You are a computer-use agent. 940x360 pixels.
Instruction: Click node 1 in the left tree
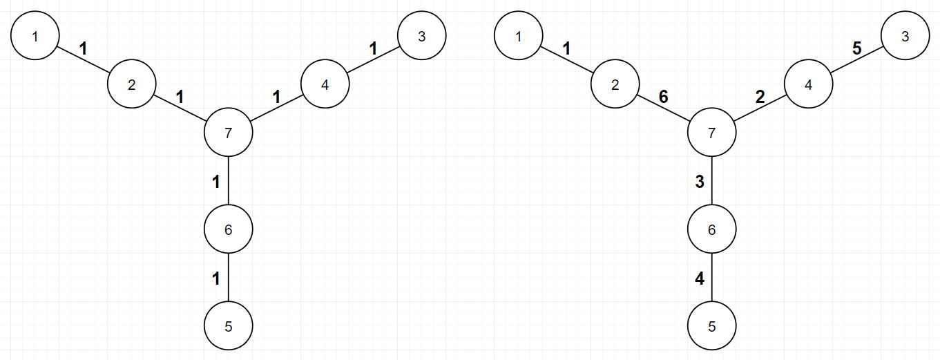click(x=35, y=35)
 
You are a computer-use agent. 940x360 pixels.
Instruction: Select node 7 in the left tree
click(x=229, y=132)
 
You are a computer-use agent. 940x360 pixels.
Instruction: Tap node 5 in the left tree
click(x=229, y=325)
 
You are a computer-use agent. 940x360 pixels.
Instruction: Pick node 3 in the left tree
click(x=422, y=35)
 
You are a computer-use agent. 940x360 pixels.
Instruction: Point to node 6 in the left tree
click(x=229, y=229)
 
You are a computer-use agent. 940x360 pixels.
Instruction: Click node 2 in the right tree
click(x=615, y=84)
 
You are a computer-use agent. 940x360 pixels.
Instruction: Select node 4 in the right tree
click(x=808, y=84)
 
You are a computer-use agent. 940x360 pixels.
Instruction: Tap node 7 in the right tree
click(x=711, y=132)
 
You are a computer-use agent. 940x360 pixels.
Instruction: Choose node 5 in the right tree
click(x=711, y=325)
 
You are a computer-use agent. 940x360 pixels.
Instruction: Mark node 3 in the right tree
click(x=905, y=35)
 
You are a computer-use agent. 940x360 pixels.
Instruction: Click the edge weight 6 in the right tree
click(x=664, y=97)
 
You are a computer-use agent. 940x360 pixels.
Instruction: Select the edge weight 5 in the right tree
click(x=857, y=49)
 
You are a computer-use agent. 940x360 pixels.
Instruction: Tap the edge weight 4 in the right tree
click(x=700, y=278)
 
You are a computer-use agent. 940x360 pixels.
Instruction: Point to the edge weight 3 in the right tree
click(x=700, y=182)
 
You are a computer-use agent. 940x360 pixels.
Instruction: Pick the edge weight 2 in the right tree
click(x=760, y=97)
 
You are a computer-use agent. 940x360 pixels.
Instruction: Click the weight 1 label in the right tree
click(x=566, y=49)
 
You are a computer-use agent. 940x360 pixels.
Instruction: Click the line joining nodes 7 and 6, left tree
click(x=229, y=180)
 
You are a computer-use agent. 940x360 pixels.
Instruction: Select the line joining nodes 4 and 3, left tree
click(x=373, y=59)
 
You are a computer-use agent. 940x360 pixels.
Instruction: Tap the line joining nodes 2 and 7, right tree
click(x=664, y=108)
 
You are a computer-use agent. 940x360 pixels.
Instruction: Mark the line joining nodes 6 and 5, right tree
click(x=711, y=277)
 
